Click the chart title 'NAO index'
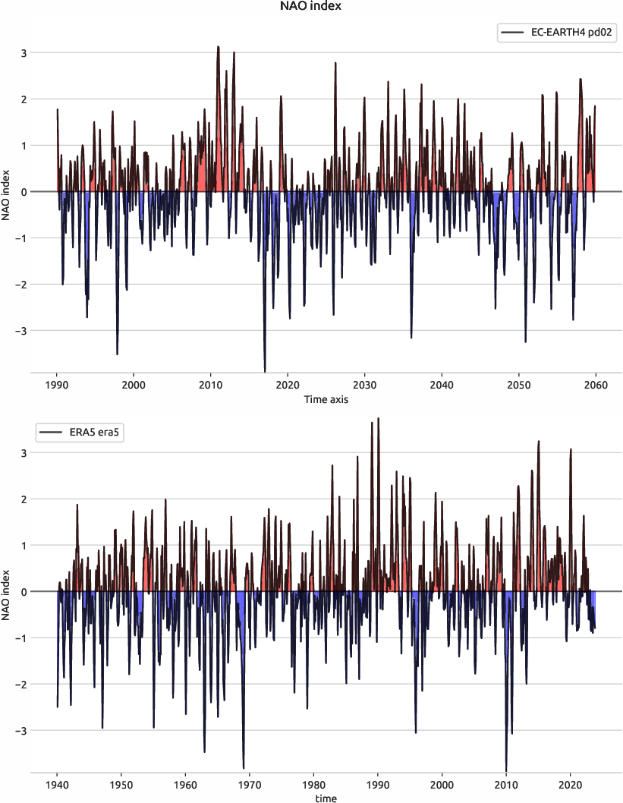[x=311, y=7]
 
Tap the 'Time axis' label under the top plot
[x=326, y=399]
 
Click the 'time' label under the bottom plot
[x=326, y=798]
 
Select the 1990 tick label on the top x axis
[x=57, y=385]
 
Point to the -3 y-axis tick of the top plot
[x=22, y=331]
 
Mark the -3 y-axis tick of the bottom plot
[x=22, y=731]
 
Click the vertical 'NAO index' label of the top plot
[x=7, y=191]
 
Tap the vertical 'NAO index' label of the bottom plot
[x=7, y=592]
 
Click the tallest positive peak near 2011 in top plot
[x=218, y=47]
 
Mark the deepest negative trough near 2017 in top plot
[x=265, y=370]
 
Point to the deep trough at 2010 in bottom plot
[x=506, y=770]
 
